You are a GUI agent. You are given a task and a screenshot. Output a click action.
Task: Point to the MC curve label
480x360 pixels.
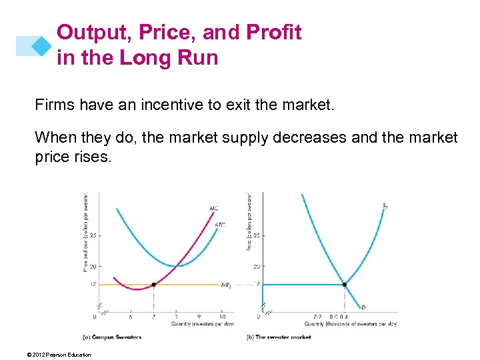214,209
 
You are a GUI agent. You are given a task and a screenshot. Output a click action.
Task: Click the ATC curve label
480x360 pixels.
220,225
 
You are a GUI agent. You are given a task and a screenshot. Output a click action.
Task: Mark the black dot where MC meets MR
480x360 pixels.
154,285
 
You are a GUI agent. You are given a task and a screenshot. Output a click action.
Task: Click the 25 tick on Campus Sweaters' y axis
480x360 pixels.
93,235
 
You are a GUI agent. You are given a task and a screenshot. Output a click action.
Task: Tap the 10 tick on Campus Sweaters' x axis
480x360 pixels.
222,317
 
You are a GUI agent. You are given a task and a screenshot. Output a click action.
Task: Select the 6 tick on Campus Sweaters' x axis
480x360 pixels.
131,317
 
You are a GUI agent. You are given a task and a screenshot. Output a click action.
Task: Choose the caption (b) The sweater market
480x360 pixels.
279,337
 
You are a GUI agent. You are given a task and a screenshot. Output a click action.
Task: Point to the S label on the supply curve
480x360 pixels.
386,205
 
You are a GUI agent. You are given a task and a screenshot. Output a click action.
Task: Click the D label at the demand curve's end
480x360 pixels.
363,307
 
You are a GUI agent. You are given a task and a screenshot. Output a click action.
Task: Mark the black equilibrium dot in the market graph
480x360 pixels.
345,285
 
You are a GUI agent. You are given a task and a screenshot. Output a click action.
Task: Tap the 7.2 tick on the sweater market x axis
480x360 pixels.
317,317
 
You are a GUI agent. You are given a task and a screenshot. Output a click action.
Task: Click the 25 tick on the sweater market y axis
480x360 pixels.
256,235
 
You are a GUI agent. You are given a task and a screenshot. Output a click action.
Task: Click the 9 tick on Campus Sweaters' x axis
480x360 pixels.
199,317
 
